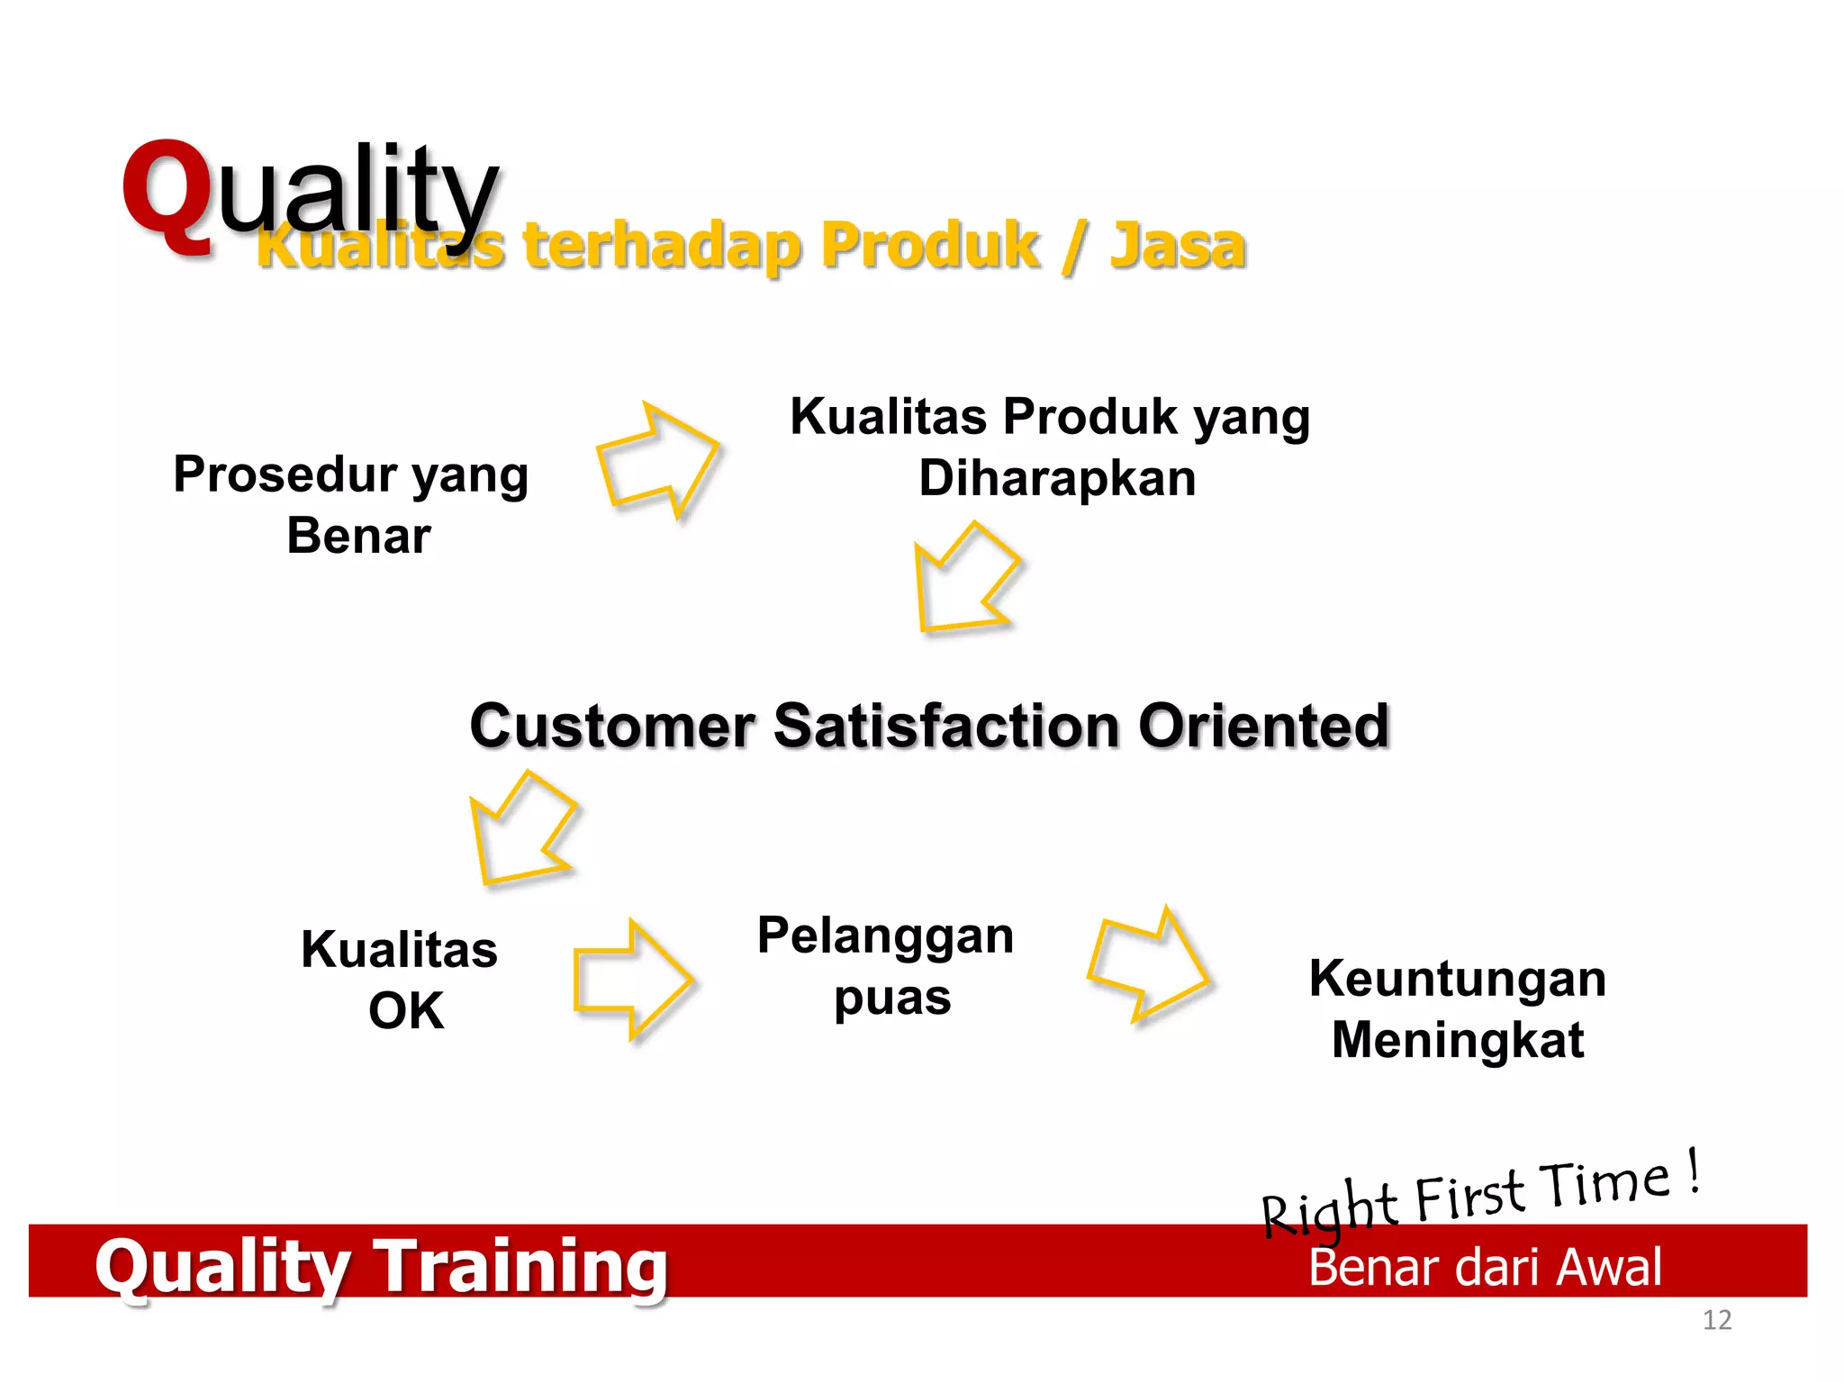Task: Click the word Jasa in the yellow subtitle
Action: point(1177,245)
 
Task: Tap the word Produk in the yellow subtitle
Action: point(930,245)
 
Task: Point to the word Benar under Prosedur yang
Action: point(358,536)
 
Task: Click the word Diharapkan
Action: point(1057,478)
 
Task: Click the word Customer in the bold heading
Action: point(612,726)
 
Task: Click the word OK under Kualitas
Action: point(406,1011)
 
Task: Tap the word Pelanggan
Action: point(885,936)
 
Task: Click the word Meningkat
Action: point(1457,1041)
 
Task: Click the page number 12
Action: point(1716,1321)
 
